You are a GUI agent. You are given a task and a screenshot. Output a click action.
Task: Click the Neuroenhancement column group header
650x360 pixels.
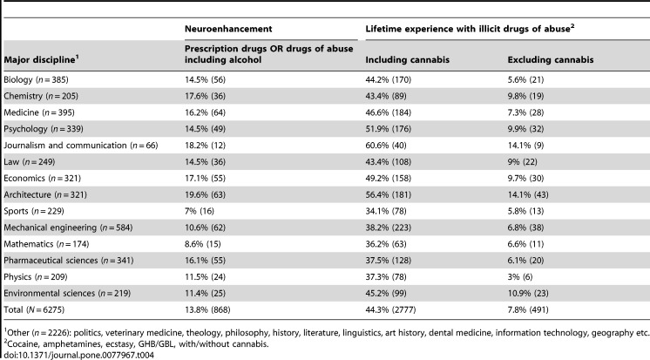click(x=228, y=29)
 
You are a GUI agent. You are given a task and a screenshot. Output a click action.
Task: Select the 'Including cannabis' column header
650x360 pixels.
click(x=407, y=60)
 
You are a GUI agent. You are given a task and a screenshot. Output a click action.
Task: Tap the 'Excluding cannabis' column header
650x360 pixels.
click(x=551, y=60)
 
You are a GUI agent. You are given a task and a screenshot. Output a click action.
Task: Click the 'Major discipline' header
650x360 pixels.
click(x=41, y=59)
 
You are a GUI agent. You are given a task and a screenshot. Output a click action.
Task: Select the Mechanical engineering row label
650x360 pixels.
click(x=68, y=228)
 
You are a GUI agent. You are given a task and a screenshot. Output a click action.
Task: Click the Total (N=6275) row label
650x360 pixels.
click(x=34, y=309)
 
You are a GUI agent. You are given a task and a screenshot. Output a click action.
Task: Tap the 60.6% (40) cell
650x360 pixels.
click(x=386, y=146)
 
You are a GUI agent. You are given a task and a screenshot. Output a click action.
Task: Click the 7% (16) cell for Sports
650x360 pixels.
click(x=200, y=211)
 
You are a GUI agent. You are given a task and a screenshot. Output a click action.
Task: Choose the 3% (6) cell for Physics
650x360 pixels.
click(x=520, y=276)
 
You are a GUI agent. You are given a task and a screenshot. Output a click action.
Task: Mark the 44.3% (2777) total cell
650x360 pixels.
click(x=390, y=309)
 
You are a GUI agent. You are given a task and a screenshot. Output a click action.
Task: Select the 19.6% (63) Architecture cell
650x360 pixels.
click(x=206, y=194)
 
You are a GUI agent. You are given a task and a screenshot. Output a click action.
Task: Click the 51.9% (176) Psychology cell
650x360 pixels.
click(x=389, y=129)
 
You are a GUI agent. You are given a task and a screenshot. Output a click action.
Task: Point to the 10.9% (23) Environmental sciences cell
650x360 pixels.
click(x=528, y=293)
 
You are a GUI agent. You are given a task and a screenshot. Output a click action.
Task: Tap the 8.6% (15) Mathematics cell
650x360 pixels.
click(x=203, y=244)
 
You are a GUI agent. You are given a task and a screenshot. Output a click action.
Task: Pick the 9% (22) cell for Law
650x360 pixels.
click(x=522, y=162)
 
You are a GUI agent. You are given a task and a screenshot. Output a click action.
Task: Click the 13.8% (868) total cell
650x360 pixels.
click(x=207, y=309)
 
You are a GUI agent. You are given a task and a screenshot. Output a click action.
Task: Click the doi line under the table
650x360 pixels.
click(x=78, y=355)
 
